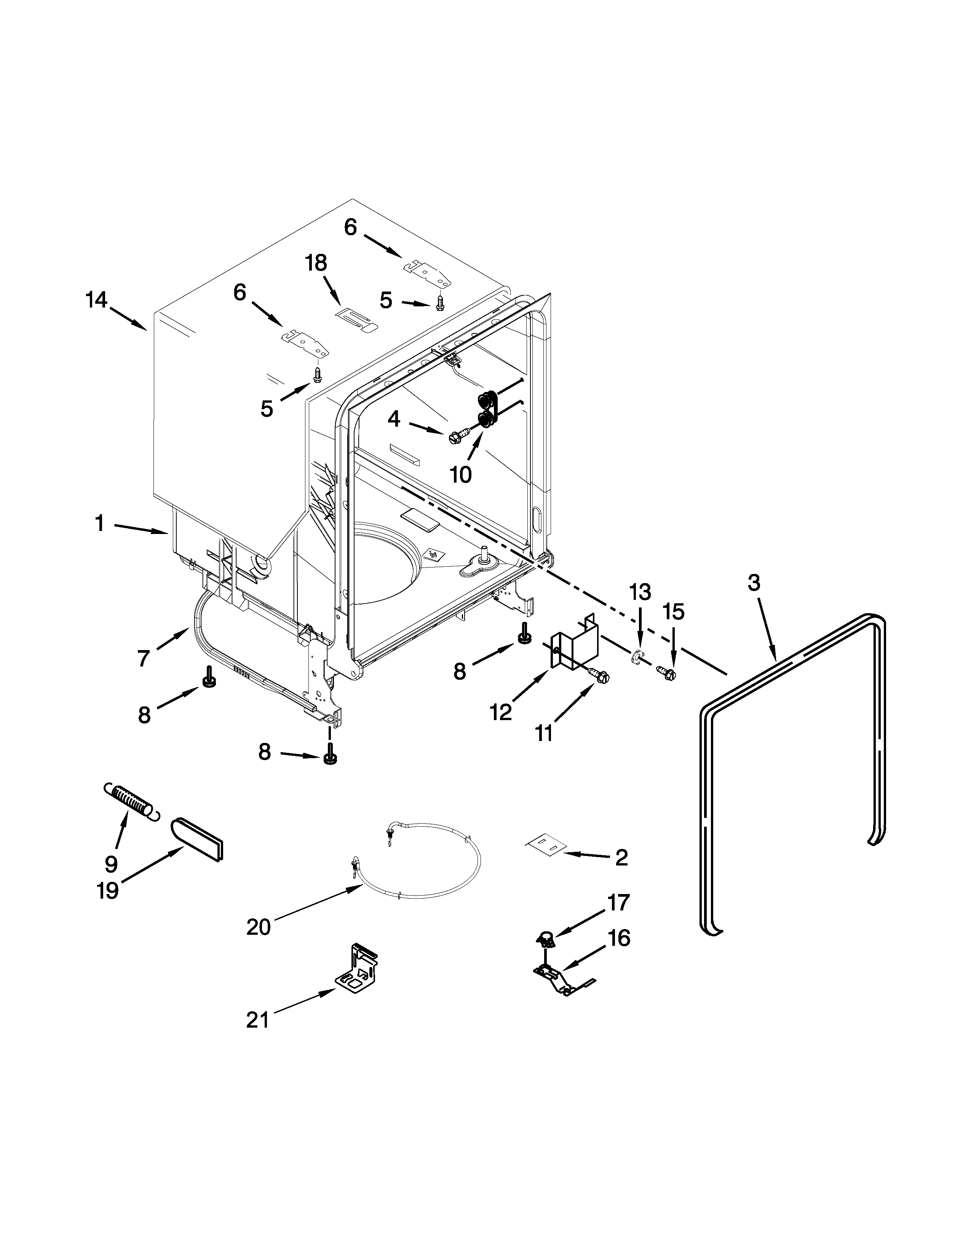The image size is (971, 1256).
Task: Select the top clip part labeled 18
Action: coord(357,318)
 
